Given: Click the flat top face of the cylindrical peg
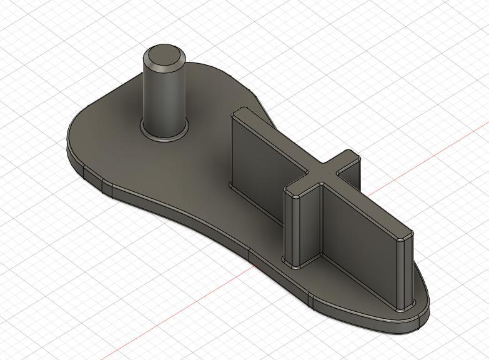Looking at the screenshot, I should click(x=164, y=56).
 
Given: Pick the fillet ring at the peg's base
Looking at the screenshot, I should click(x=164, y=134).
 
